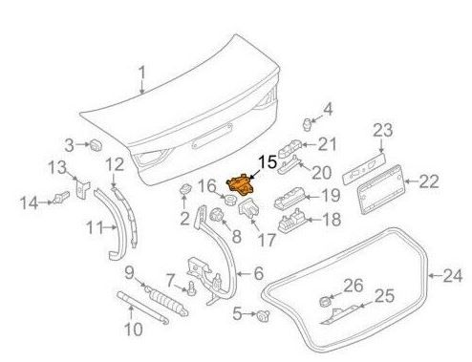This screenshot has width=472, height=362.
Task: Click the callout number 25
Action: [x=382, y=296]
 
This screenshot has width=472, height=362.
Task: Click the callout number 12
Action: [x=115, y=164]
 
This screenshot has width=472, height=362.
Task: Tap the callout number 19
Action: [x=330, y=195]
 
